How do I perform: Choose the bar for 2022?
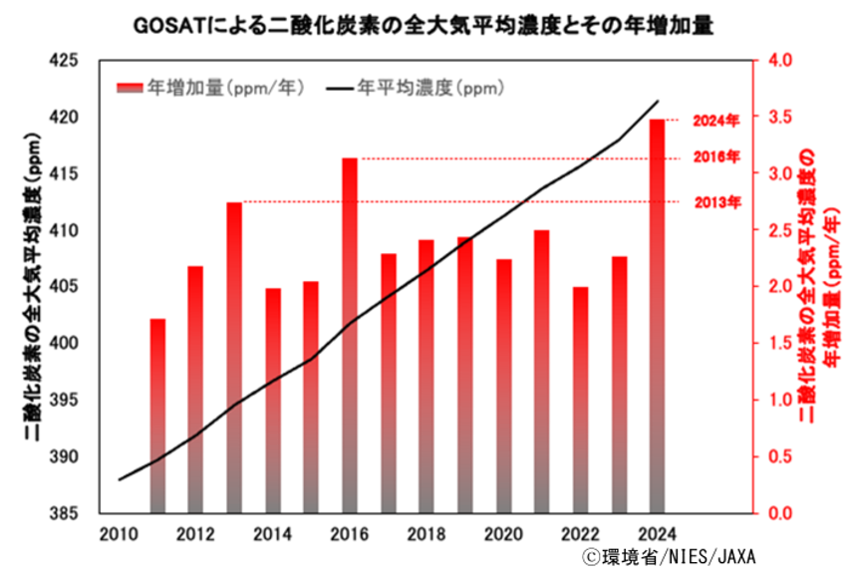(x=580, y=400)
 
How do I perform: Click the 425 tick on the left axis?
(x=65, y=61)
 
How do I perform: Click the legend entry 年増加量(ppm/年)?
(x=210, y=88)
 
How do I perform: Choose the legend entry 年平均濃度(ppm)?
(x=418, y=88)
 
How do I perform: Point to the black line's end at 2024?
(x=658, y=101)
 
